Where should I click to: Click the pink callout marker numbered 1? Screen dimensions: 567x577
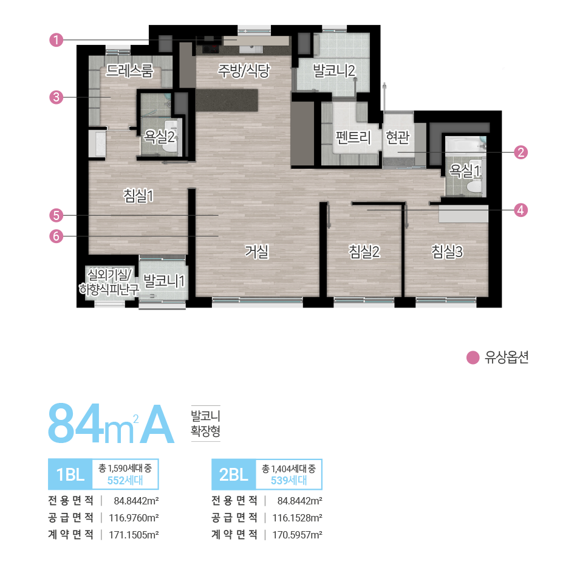click(x=56, y=40)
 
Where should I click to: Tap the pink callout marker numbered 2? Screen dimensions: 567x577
click(x=520, y=152)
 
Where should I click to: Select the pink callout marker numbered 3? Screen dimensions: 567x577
click(x=56, y=97)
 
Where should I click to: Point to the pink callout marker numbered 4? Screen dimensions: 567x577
click(x=520, y=210)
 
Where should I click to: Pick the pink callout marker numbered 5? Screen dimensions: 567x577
click(x=56, y=215)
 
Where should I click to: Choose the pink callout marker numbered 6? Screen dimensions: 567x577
click(x=56, y=236)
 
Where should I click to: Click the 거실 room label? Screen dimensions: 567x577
click(x=257, y=252)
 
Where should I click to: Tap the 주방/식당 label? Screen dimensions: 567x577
click(x=244, y=71)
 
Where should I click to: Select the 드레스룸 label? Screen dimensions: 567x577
click(x=130, y=71)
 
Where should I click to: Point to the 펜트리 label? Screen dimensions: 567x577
click(x=353, y=137)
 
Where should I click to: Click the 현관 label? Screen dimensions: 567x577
click(x=397, y=137)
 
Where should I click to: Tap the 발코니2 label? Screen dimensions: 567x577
click(x=333, y=71)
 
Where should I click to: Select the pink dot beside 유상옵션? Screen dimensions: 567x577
click(x=473, y=358)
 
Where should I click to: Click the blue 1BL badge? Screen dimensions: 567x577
click(x=70, y=475)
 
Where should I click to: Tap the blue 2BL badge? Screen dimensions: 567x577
click(x=233, y=475)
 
